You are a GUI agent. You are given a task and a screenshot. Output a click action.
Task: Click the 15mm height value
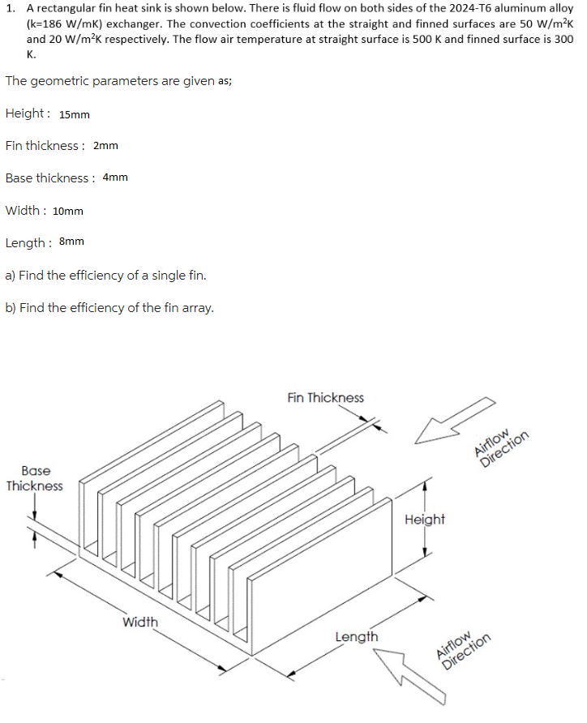(x=75, y=114)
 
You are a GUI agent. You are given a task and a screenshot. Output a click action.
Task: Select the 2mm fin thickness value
(x=105, y=146)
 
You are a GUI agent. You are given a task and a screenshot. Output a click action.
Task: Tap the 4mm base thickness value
(x=115, y=178)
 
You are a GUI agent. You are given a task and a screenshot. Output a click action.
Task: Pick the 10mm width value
(x=68, y=211)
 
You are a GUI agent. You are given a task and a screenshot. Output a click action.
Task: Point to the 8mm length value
(x=71, y=242)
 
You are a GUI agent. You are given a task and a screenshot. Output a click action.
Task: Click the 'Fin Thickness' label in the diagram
(x=325, y=397)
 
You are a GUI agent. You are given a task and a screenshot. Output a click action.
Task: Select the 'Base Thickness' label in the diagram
(x=35, y=478)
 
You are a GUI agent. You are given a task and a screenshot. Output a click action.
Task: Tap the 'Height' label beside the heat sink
(x=424, y=519)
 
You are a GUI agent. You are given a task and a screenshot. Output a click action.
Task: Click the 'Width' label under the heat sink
(x=140, y=622)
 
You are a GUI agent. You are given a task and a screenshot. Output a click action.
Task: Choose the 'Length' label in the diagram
(x=356, y=636)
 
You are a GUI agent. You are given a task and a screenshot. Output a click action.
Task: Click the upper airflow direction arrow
(x=453, y=420)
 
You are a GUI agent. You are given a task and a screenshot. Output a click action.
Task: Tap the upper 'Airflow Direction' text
(x=502, y=447)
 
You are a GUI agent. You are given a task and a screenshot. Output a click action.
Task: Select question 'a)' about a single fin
(x=105, y=275)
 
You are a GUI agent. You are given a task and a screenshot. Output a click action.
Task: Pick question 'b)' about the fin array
(x=109, y=307)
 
